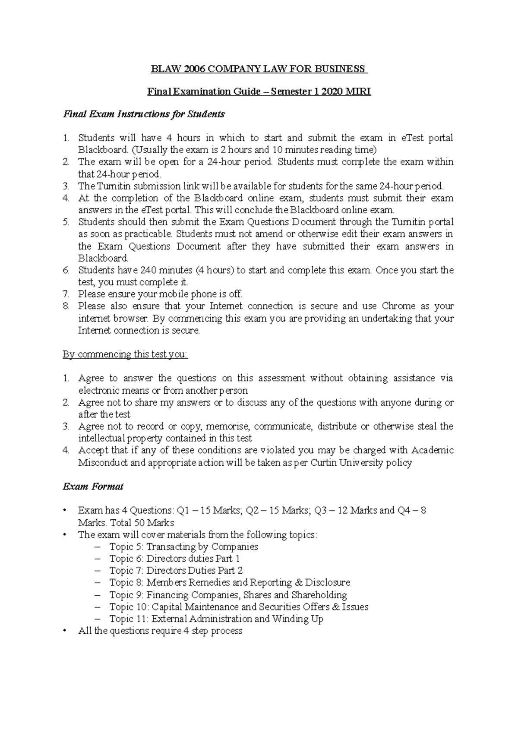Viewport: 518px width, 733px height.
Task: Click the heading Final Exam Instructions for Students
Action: (x=144, y=114)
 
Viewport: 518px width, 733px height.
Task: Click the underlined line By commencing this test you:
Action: (x=125, y=354)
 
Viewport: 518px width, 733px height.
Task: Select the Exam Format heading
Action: (x=93, y=487)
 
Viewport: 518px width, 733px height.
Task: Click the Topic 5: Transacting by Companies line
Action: (x=183, y=547)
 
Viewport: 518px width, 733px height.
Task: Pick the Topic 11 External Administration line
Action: (x=216, y=619)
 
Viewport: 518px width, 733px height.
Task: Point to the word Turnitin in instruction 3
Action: (x=116, y=186)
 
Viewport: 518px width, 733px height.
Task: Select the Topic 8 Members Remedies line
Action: (x=229, y=582)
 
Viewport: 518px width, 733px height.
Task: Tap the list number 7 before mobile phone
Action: (x=66, y=294)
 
